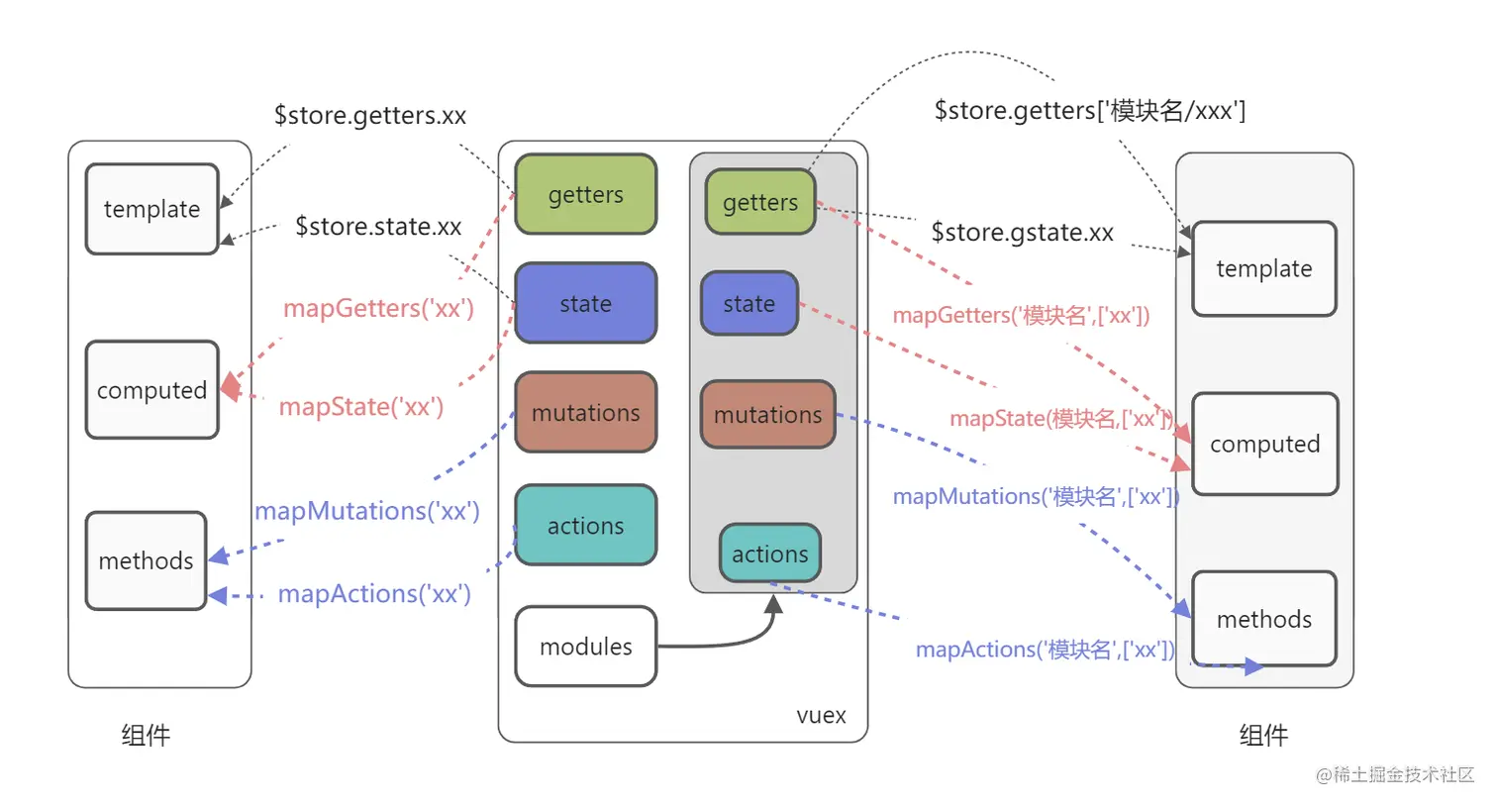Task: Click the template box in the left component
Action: [151, 209]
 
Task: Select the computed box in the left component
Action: [151, 390]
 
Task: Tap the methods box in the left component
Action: [146, 560]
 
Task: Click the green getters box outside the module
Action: [586, 194]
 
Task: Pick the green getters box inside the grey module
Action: [760, 202]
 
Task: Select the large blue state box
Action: [586, 303]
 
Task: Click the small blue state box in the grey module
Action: [749, 303]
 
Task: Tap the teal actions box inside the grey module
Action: [770, 554]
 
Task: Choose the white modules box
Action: [586, 647]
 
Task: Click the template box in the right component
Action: [1264, 268]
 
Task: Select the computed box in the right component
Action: [1264, 444]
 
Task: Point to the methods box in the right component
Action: [1264, 619]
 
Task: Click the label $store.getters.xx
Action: [370, 115]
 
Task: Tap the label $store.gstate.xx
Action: [1022, 232]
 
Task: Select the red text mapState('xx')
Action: [361, 406]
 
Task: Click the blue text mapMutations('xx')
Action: [367, 511]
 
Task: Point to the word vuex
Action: [821, 715]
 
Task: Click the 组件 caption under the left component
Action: [146, 735]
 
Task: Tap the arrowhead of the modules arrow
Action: [774, 603]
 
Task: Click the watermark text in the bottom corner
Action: [1395, 774]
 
